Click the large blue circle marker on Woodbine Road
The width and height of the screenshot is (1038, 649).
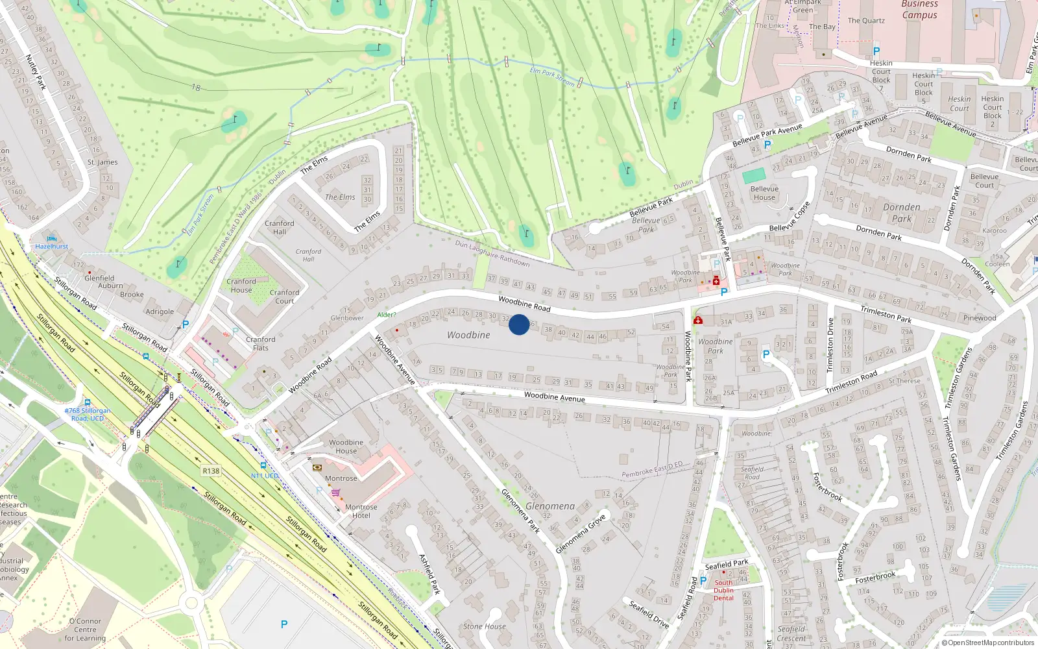click(x=518, y=324)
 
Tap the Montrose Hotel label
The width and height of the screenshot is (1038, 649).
click(x=361, y=511)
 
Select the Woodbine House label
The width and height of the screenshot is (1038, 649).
click(x=346, y=447)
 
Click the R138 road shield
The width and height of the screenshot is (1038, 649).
click(x=211, y=471)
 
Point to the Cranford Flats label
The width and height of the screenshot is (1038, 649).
click(x=261, y=343)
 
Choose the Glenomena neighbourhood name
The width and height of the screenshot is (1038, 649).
click(x=550, y=506)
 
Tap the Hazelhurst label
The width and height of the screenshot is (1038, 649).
click(x=52, y=247)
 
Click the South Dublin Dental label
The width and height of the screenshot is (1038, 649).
click(x=723, y=590)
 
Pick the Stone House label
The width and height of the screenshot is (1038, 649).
click(x=485, y=626)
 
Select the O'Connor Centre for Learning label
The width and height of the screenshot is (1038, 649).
click(x=85, y=630)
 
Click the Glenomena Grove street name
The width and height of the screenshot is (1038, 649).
click(x=581, y=533)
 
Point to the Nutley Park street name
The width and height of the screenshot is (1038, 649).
click(x=36, y=71)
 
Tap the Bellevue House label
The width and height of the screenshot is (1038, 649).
click(x=764, y=193)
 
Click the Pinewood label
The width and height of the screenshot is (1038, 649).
click(x=980, y=318)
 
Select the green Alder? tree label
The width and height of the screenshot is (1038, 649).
click(x=387, y=315)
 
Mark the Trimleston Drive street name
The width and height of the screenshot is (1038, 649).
click(x=830, y=344)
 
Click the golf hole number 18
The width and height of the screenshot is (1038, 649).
click(x=196, y=88)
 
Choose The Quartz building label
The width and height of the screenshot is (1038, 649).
click(x=866, y=21)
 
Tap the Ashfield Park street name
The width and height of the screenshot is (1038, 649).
click(x=429, y=574)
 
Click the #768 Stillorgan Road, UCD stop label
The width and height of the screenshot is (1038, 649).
click(x=88, y=414)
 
